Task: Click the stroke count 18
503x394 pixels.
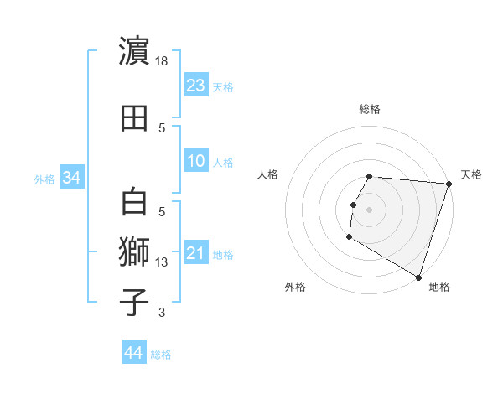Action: point(163,61)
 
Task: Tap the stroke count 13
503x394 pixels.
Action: point(163,262)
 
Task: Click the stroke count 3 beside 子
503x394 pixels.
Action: point(162,314)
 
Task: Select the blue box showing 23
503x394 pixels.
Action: point(196,85)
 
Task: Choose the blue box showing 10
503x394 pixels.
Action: point(196,161)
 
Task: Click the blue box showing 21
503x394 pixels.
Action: point(196,253)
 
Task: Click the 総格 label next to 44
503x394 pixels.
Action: point(161,355)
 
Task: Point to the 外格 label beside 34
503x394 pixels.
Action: point(44,179)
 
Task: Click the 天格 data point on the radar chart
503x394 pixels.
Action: point(449,184)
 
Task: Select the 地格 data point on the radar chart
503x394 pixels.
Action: point(418,277)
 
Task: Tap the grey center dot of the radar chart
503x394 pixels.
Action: point(369,209)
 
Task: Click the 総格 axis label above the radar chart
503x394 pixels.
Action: point(370,109)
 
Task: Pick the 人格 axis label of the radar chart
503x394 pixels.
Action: point(267,174)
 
